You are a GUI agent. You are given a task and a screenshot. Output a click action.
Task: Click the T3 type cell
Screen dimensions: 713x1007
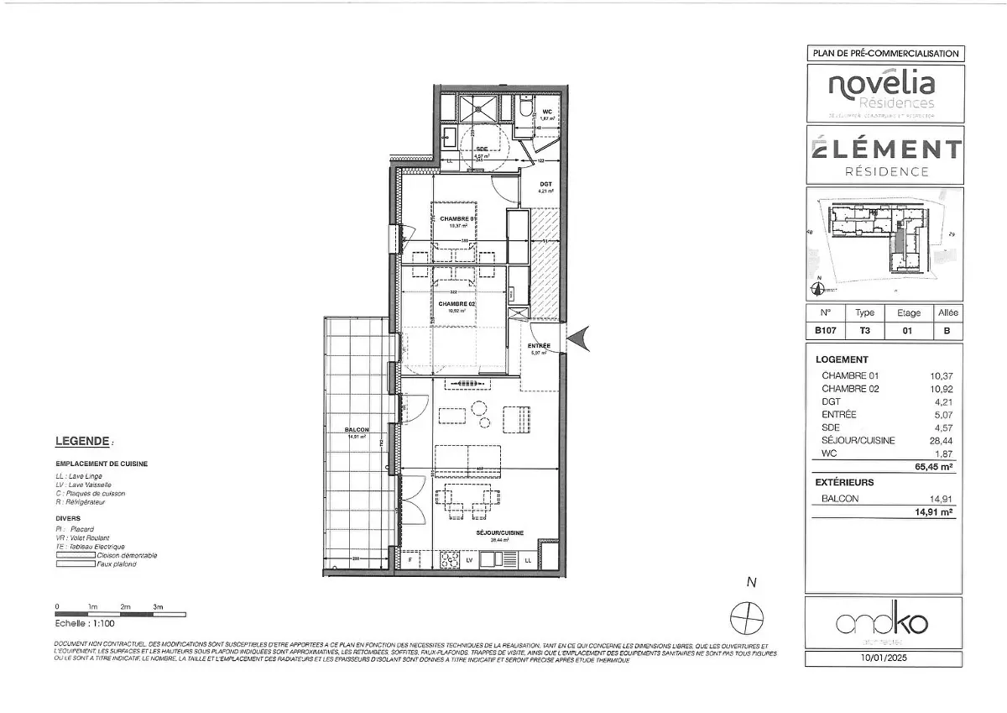[x=865, y=331]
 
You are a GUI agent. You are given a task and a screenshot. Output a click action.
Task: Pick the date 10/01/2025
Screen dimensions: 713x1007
[x=884, y=659]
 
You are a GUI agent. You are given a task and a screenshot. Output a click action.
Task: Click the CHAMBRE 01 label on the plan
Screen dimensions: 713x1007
[x=458, y=218]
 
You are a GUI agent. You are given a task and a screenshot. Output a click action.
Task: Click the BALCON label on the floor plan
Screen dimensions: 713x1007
[x=357, y=429]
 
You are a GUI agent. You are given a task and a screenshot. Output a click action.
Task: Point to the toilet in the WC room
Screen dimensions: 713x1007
[x=524, y=109]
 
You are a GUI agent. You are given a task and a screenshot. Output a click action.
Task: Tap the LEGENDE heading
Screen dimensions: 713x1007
[x=82, y=441]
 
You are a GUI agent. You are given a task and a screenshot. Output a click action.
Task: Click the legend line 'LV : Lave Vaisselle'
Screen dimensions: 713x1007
[x=83, y=485]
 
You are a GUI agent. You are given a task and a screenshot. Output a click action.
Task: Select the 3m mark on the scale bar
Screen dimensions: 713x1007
[x=158, y=606]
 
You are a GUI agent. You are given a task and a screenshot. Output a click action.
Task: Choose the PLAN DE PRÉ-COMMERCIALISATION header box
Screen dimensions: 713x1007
[x=884, y=53]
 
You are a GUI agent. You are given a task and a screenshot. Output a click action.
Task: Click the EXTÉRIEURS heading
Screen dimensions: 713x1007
[x=845, y=483]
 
